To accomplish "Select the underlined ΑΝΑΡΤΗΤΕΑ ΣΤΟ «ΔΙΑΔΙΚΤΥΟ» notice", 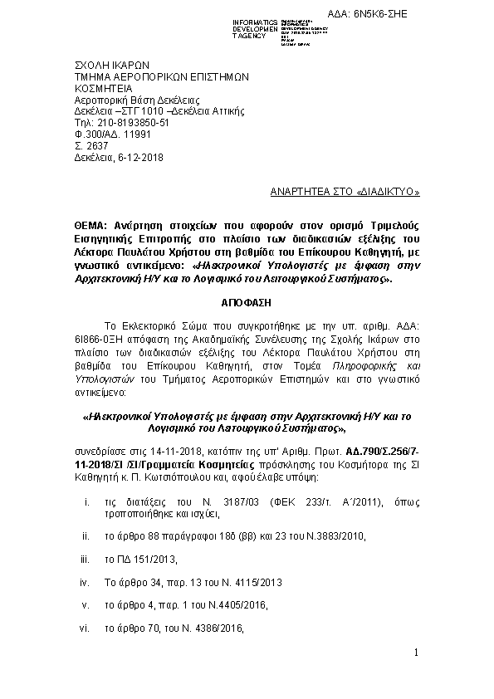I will point(345,192).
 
